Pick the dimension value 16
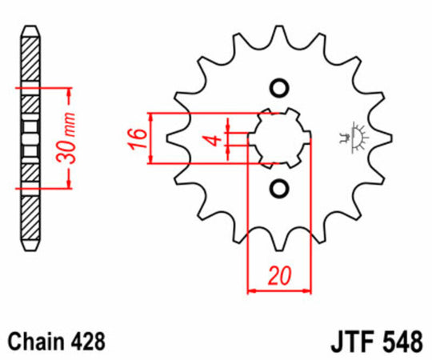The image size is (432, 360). pyautogui.click(x=138, y=138)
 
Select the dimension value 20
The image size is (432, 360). pyautogui.click(x=278, y=278)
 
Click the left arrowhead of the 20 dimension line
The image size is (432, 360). pyautogui.click(x=252, y=289)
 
